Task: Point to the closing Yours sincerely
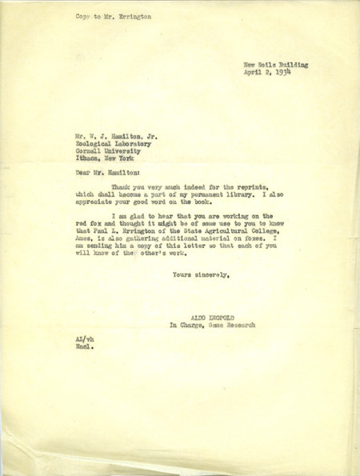pos(202,276)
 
